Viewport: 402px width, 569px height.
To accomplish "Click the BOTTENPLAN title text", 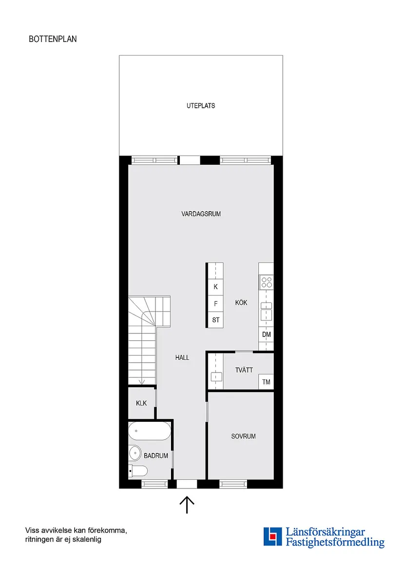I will pos(53,39).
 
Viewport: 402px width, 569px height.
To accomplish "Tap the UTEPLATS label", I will pos(201,106).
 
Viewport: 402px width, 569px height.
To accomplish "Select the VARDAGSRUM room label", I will pos(201,214).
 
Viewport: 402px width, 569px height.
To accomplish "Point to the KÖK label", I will pos(241,303).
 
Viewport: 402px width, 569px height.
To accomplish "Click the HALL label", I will pos(182,357).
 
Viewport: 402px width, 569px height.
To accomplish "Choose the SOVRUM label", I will pos(243,436).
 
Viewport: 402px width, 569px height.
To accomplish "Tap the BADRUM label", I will pos(156,456).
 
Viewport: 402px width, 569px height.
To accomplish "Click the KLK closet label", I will pos(141,403).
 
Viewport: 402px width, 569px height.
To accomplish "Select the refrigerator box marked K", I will pos(215,287).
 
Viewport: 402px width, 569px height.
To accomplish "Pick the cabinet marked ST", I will pos(215,320).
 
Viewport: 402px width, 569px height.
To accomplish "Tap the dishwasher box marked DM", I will pos(266,334).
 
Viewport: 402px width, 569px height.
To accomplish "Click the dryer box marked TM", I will pos(266,382).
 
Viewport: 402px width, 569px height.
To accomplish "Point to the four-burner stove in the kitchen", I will pos(267,282).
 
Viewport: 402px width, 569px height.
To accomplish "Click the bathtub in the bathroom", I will pos(150,431).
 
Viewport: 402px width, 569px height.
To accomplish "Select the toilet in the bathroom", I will pos(138,471).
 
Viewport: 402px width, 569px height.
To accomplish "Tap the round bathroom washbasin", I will pos(135,453).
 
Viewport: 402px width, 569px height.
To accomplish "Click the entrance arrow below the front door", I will pos(187,505).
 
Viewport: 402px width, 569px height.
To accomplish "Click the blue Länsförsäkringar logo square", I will pos(273,536).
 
